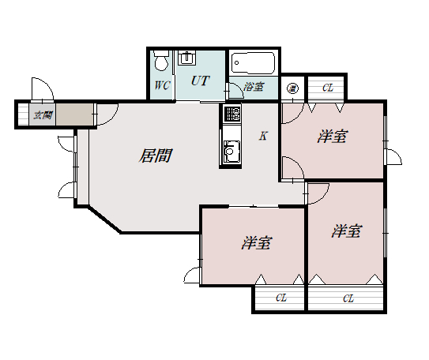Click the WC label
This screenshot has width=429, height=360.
162,85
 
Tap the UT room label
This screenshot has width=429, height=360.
200,81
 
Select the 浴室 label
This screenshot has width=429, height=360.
254,87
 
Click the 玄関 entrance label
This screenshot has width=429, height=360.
43,115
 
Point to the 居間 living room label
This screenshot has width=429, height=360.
155,156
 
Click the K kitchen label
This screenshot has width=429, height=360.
263,136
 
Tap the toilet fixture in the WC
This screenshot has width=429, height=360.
161,61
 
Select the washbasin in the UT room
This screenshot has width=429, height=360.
187,58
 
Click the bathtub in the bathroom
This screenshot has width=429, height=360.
253,63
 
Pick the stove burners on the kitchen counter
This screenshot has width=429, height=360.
232,114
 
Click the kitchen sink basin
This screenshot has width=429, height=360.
231,151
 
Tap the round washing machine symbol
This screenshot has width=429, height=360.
292,88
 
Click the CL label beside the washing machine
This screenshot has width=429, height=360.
328,88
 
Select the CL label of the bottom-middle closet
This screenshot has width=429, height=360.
281,298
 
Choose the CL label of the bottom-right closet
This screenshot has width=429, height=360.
348,298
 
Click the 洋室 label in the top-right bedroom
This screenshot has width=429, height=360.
333,137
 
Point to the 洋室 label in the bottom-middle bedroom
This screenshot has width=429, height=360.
256,243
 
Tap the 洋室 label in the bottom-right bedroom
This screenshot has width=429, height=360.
347,231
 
